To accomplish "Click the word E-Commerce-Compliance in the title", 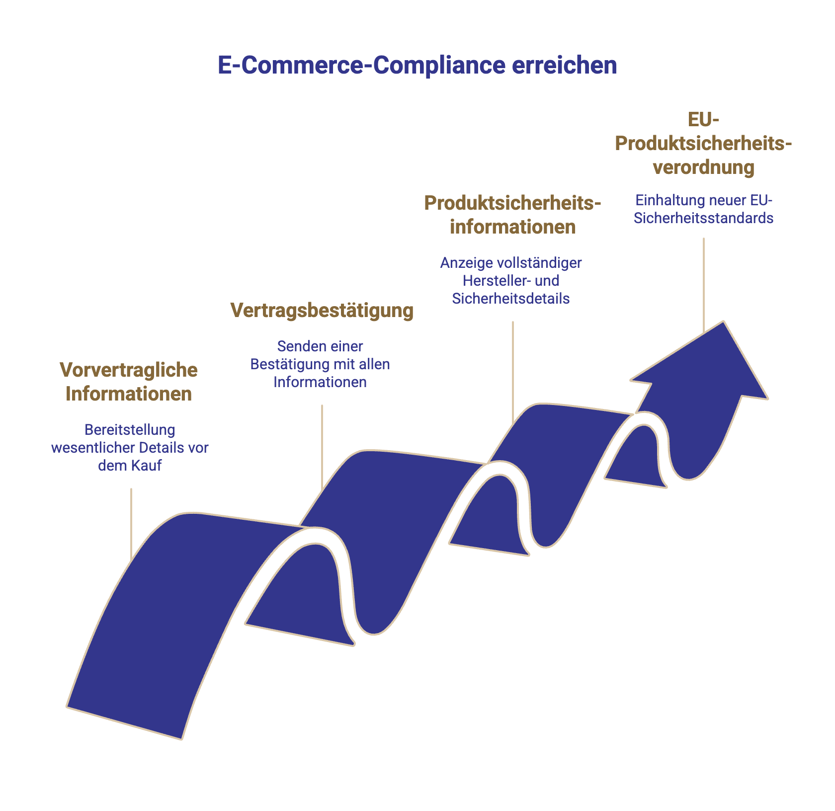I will (x=361, y=66).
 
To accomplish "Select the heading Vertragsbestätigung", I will (x=322, y=310).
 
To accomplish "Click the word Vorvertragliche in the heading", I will (x=129, y=370).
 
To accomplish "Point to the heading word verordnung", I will (x=704, y=167).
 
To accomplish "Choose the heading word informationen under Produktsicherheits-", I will (x=512, y=227).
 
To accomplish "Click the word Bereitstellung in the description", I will (x=130, y=429).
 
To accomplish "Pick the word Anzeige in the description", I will (x=464, y=262).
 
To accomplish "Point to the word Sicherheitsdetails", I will (x=511, y=299).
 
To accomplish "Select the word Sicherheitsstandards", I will (x=704, y=218).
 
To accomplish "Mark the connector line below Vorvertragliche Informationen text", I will (x=131, y=524).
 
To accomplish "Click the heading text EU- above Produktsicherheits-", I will (x=704, y=119).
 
